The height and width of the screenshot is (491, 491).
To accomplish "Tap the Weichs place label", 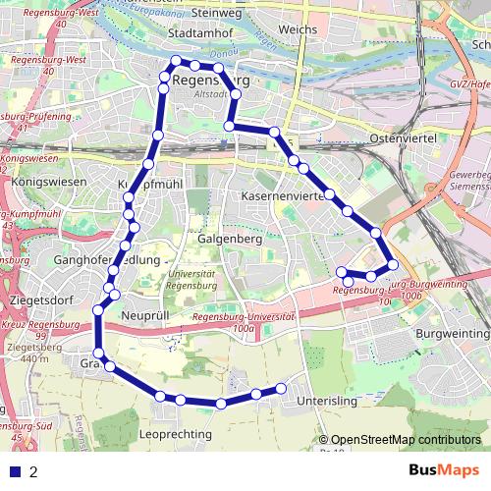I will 298,30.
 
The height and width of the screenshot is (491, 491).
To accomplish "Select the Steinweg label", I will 218,13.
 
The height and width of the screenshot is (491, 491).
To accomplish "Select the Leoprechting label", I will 176,433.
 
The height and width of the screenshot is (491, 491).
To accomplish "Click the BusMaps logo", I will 442,470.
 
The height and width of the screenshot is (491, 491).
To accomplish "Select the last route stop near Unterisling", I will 282,387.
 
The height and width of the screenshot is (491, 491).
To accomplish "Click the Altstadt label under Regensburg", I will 212,94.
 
